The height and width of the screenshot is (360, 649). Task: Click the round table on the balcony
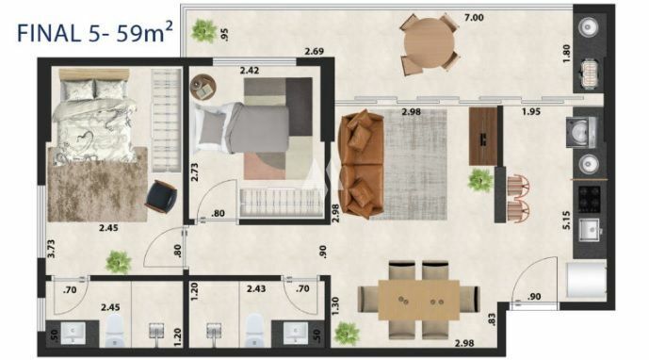tap(430, 43)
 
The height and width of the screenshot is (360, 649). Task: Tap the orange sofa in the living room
tap(361, 164)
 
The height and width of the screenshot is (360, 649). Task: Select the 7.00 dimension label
tap(474, 17)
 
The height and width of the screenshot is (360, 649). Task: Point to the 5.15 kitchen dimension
tap(566, 220)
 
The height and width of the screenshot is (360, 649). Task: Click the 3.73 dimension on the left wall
tap(51, 249)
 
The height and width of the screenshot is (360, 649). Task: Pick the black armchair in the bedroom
tap(161, 196)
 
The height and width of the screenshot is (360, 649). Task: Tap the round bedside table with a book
tap(203, 87)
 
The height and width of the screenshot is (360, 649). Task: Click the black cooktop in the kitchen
tap(589, 199)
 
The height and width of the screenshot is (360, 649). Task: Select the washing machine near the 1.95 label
tap(581, 132)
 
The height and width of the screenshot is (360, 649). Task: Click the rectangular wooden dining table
tap(419, 300)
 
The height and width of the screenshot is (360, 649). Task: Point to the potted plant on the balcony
tap(203, 30)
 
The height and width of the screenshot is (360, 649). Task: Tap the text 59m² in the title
tap(143, 33)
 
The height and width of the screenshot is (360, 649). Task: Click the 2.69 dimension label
tap(315, 52)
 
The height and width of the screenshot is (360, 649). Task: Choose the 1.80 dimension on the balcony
tap(567, 54)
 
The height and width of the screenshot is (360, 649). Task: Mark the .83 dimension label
tap(492, 319)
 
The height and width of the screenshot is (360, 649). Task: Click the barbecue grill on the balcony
tap(589, 74)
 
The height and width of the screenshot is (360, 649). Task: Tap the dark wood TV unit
tap(482, 137)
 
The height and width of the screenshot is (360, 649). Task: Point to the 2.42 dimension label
tap(250, 71)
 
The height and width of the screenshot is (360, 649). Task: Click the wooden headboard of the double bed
tap(94, 74)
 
